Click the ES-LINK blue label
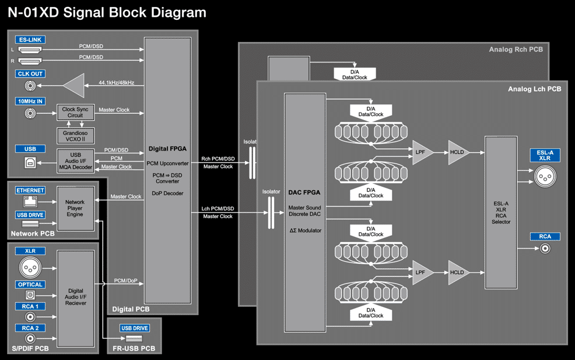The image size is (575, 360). (x=30, y=40)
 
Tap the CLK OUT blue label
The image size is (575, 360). (x=30, y=74)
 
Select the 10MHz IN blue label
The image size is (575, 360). (x=30, y=102)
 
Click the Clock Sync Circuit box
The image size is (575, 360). (x=76, y=112)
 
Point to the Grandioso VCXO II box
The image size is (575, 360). (x=76, y=136)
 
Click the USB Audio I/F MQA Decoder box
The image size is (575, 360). (x=76, y=160)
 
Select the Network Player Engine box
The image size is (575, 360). (x=76, y=208)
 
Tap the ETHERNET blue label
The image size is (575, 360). (x=30, y=190)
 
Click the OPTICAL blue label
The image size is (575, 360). (x=30, y=284)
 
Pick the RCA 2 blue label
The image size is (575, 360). (x=30, y=328)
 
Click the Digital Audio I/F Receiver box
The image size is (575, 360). (x=76, y=299)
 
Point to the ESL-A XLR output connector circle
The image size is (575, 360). (x=545, y=177)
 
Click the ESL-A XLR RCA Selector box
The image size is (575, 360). (x=501, y=212)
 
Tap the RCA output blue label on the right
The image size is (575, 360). (x=545, y=237)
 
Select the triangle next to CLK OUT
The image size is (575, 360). (x=74, y=86)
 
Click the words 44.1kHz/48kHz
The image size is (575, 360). (x=116, y=83)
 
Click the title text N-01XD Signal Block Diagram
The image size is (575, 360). (x=107, y=12)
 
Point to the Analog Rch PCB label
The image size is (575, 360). (x=516, y=50)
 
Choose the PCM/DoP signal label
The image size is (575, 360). (x=125, y=281)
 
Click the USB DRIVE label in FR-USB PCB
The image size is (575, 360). (x=135, y=328)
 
